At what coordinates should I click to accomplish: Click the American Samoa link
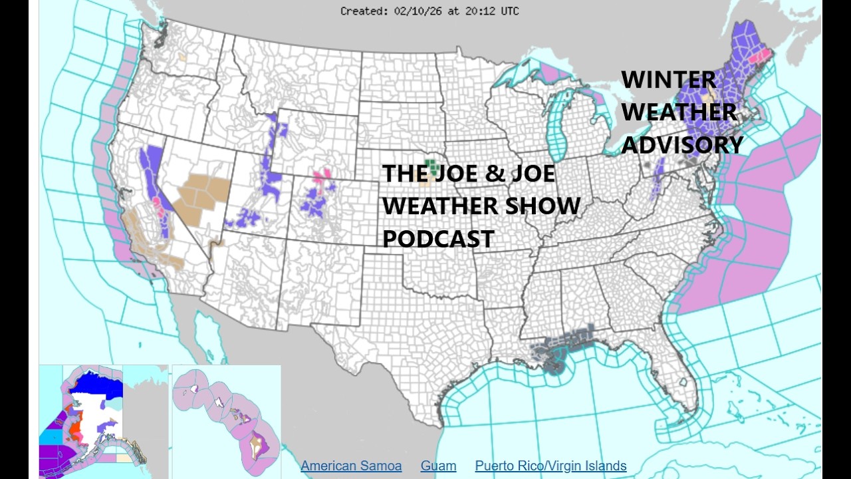tap(351, 466)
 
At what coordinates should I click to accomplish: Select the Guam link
tap(438, 466)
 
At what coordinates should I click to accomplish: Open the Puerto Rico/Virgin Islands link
tap(550, 466)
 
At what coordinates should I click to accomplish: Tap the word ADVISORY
tap(682, 144)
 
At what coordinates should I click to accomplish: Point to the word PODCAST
tap(438, 238)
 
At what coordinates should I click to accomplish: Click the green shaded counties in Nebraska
tap(433, 163)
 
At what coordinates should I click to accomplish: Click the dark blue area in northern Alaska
tap(100, 383)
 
